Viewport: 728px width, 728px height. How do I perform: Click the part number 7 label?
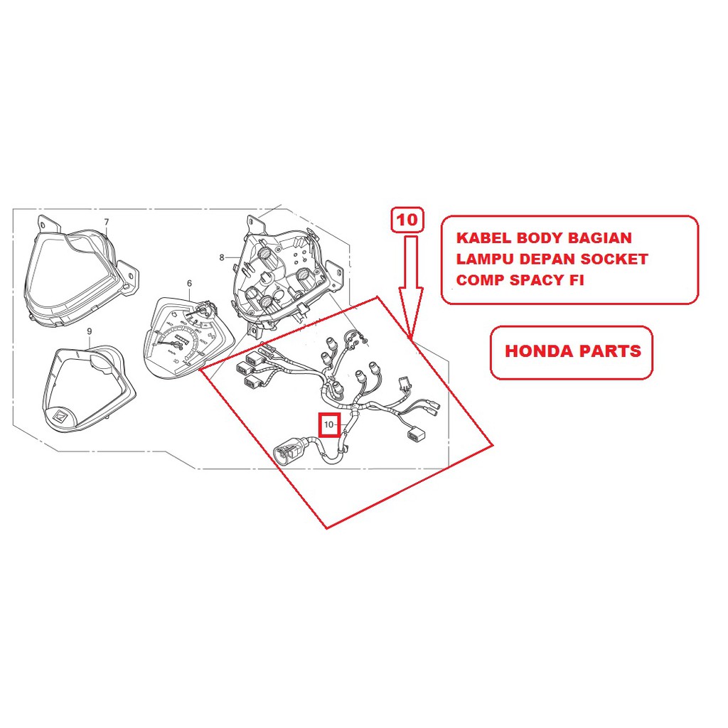[x=107, y=222]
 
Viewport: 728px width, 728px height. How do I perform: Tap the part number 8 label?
[x=222, y=257]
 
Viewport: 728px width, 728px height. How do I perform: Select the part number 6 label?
[x=190, y=284]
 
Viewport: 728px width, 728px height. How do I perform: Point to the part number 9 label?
[x=90, y=331]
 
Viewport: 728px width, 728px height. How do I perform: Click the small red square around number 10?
[x=330, y=425]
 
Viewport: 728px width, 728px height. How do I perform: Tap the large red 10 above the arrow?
[x=408, y=220]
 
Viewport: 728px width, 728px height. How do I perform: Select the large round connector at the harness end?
[x=287, y=452]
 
